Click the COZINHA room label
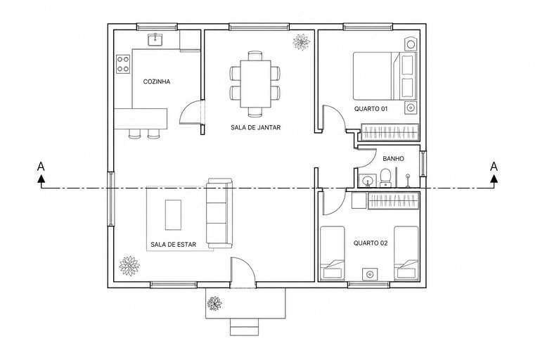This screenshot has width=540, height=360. [x=157, y=82]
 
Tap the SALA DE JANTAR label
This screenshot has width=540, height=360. [x=255, y=127]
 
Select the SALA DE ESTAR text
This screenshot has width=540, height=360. [x=173, y=245]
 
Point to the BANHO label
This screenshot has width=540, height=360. [x=393, y=159]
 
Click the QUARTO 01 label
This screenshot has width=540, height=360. [x=371, y=109]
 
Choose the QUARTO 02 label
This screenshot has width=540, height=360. [x=371, y=243]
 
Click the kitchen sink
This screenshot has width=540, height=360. [x=156, y=39]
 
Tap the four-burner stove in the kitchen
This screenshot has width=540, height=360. [x=123, y=64]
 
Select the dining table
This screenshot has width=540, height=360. [x=255, y=84]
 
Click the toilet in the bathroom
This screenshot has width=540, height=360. [x=385, y=178]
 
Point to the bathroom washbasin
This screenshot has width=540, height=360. [x=367, y=181]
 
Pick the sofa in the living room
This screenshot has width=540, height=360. [x=219, y=213]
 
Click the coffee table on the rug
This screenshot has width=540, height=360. [x=173, y=215]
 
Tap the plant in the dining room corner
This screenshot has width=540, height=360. [x=302, y=42]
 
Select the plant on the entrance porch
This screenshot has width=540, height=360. [x=214, y=304]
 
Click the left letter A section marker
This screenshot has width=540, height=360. [x=41, y=167]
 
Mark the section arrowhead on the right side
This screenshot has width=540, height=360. [x=494, y=179]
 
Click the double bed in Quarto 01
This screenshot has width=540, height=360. [x=385, y=76]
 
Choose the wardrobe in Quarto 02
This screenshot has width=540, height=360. [x=394, y=201]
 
